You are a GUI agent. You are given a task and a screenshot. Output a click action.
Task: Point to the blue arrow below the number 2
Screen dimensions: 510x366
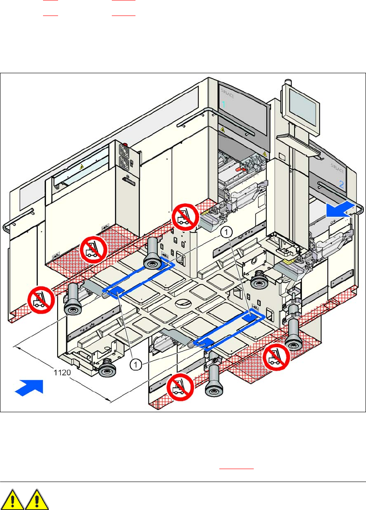click(340, 210)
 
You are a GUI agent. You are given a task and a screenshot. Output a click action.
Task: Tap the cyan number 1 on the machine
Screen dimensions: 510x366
click(224, 104)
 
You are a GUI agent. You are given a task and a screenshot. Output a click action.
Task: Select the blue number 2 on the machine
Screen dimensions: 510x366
click(341, 184)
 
